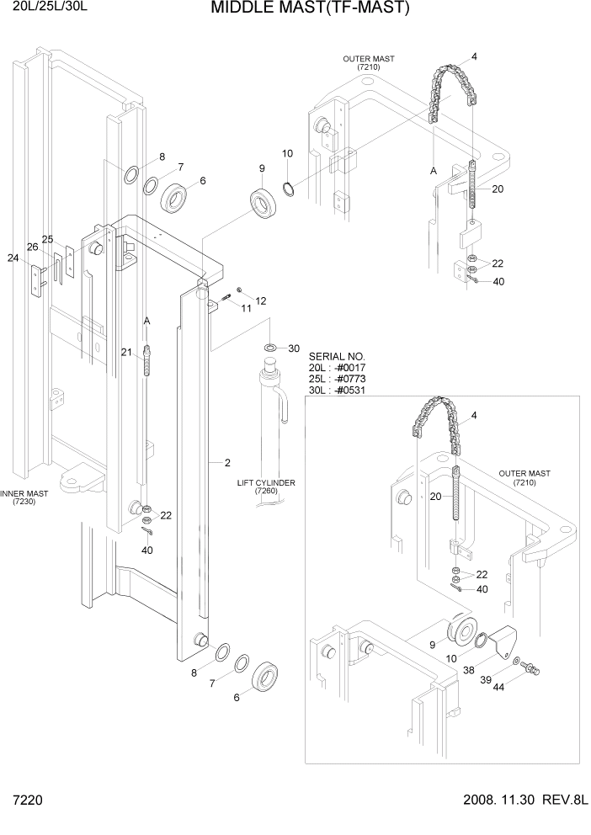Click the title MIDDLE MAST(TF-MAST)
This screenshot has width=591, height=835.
point(309,9)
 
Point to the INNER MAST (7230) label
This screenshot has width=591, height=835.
point(24,497)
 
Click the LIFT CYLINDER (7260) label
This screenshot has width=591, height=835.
point(265,487)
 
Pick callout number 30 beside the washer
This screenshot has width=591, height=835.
point(294,348)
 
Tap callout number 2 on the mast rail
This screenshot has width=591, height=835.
point(227,462)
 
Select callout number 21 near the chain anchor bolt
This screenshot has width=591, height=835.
point(127,352)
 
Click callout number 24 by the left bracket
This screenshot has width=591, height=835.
point(13,258)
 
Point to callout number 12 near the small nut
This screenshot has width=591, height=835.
point(260,300)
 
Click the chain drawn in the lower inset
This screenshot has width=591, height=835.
point(438,421)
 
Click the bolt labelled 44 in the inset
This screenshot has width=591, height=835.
point(531,669)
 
